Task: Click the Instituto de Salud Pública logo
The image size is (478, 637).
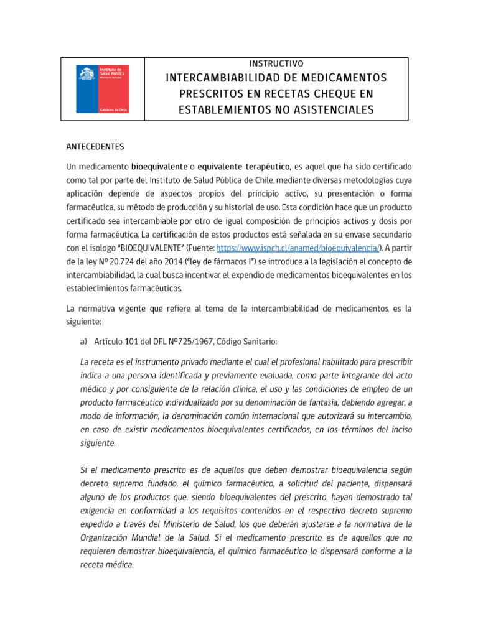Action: [103, 89]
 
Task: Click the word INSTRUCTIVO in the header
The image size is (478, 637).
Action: [276, 64]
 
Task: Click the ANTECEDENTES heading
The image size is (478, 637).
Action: [95, 147]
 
